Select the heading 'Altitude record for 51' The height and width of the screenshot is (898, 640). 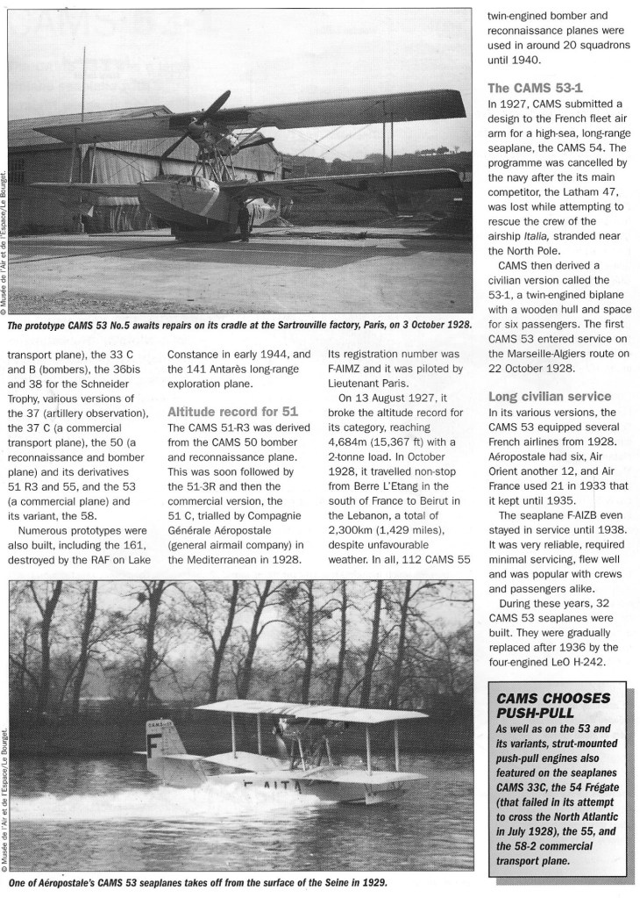226,410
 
